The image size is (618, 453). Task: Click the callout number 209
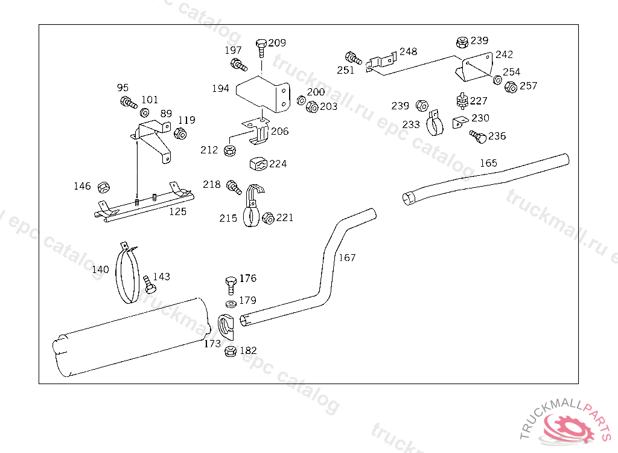click(277, 43)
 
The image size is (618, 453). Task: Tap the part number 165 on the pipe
click(488, 163)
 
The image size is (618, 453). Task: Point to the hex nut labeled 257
click(511, 87)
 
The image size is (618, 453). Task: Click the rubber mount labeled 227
click(462, 100)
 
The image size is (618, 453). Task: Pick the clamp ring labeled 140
click(127, 275)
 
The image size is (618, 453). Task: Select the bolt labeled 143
click(150, 284)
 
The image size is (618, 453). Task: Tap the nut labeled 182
click(230, 351)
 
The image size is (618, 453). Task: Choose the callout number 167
click(347, 258)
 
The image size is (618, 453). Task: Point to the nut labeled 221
click(269, 217)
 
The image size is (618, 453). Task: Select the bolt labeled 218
click(234, 187)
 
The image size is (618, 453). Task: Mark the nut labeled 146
click(103, 187)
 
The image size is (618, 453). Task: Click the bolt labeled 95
click(129, 102)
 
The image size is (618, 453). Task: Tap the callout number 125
click(177, 211)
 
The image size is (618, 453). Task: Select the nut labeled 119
click(179, 133)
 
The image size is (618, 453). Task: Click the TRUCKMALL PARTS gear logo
click(569, 425)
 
